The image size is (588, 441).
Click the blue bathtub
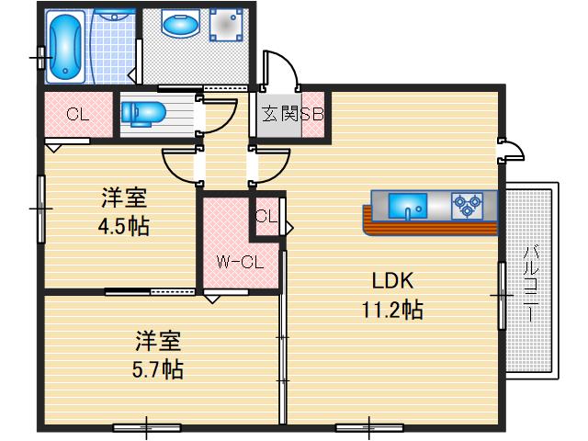click(x=66, y=47)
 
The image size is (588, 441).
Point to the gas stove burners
click(x=466, y=205)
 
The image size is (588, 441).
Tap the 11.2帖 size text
click(x=391, y=310)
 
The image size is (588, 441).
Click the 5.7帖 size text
click(x=158, y=370)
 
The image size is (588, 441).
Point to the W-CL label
click(x=241, y=262)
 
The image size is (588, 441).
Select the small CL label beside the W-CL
click(x=266, y=217)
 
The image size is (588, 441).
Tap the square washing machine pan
click(x=225, y=27)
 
